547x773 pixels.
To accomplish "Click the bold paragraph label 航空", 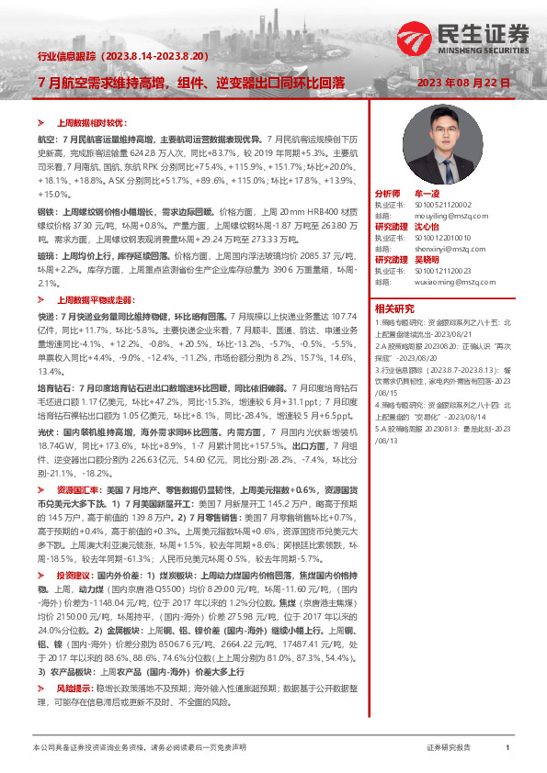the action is point(45,137).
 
